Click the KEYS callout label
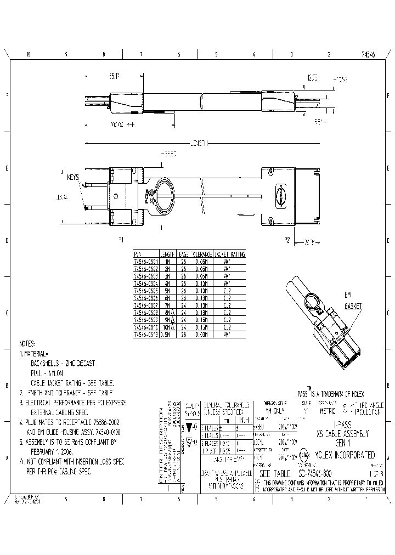73,177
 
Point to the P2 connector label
286,239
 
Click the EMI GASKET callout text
353,300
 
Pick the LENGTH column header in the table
167,254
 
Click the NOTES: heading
28,343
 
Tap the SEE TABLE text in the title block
275,473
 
